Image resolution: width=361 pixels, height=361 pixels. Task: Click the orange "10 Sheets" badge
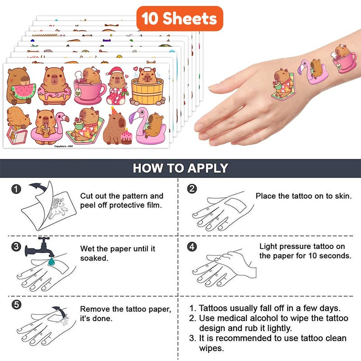[x=180, y=19]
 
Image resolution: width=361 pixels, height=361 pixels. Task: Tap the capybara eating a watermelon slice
[x=20, y=86]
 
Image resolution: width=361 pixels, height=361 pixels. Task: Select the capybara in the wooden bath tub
[x=148, y=86]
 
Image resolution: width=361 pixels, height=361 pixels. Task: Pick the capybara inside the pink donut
[x=55, y=86]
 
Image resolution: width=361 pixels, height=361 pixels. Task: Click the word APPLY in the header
[x=208, y=168]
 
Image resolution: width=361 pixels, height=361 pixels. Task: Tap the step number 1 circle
[x=16, y=189]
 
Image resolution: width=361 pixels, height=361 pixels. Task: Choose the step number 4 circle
[x=192, y=246]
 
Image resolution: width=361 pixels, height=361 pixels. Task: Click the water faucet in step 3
[x=40, y=247]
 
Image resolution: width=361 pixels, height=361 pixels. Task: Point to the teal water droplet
[x=51, y=261]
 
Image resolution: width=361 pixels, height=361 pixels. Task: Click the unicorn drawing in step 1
[x=58, y=208]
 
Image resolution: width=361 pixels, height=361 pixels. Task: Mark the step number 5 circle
[x=16, y=305]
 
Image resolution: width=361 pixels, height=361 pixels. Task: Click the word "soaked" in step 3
[x=94, y=258]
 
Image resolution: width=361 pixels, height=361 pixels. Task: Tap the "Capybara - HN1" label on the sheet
[x=64, y=146]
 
